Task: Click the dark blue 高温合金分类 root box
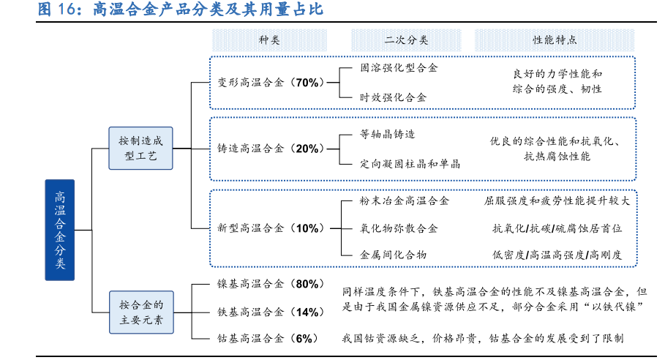pos(60,230)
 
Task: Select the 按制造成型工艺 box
pos(141,148)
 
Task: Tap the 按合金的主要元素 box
pos(141,311)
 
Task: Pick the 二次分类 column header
pos(406,40)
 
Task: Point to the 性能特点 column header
pos(554,40)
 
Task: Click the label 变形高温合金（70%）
pos(270,83)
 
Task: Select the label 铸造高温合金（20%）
pos(270,149)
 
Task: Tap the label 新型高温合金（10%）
pos(270,228)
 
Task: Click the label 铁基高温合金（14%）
pos(270,312)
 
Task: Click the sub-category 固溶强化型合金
pos(399,68)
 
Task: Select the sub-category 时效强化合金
pos(393,97)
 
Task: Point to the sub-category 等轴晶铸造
pos(387,134)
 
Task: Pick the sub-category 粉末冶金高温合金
pos(405,200)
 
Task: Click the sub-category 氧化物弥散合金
pos(399,228)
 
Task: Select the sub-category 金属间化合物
pos(393,255)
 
